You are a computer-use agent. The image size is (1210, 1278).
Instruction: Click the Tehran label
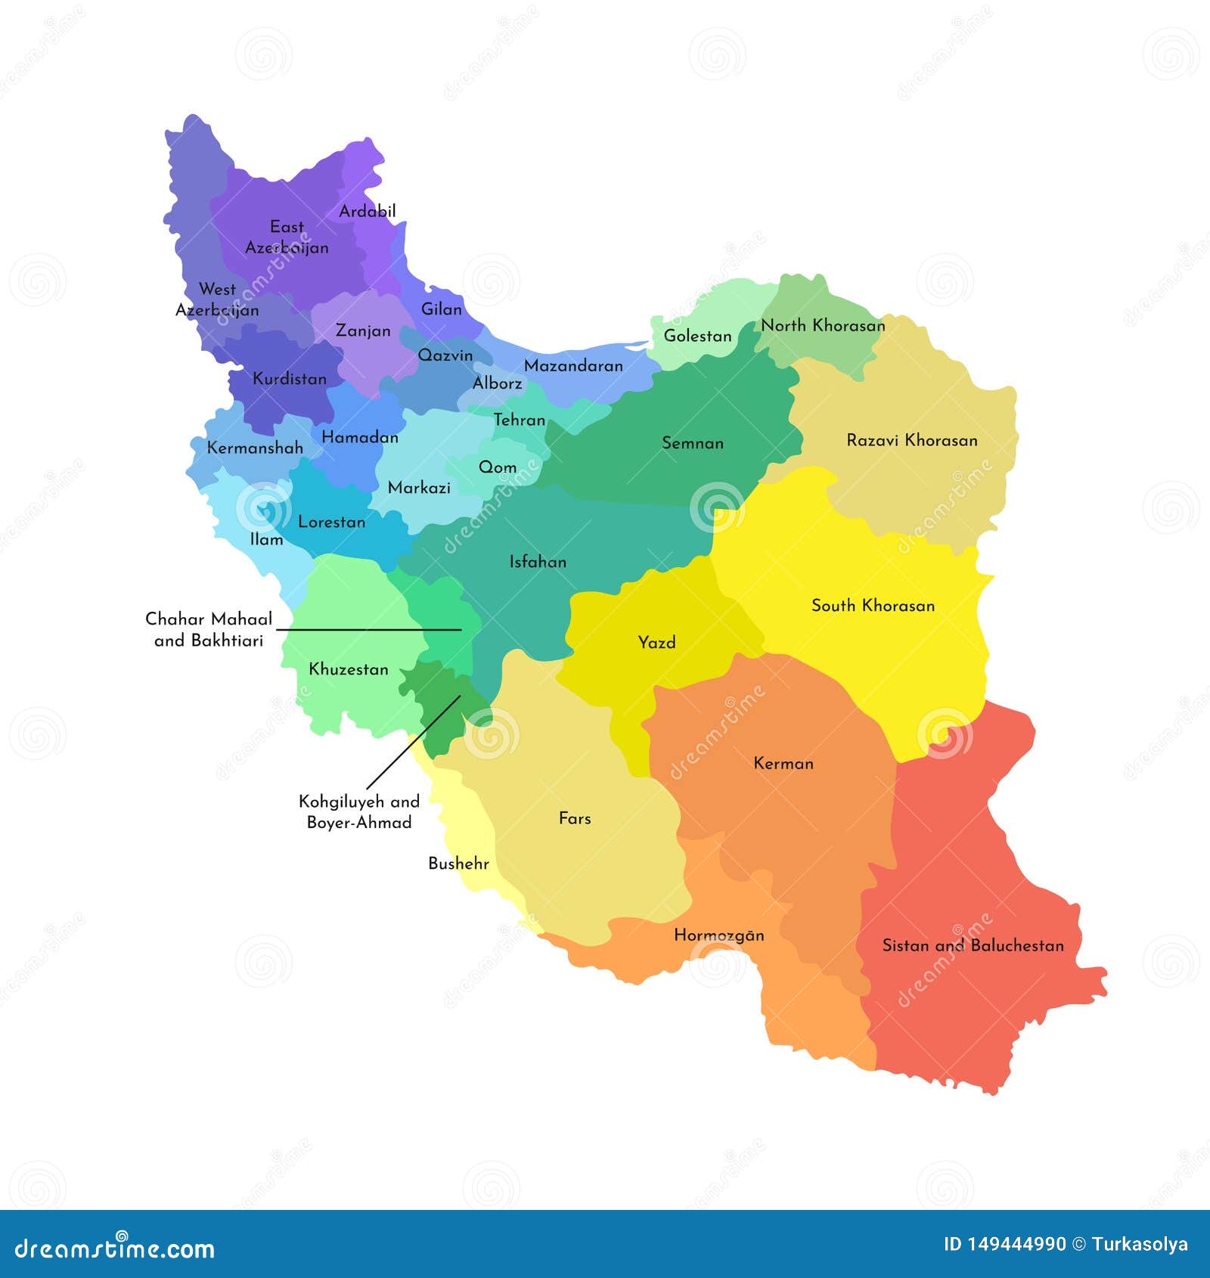pyautogui.click(x=519, y=420)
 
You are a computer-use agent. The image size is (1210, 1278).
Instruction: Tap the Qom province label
pyautogui.click(x=498, y=467)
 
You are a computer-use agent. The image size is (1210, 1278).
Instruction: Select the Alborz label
pyautogui.click(x=497, y=383)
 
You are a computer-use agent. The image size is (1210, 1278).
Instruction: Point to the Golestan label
pyautogui.click(x=697, y=336)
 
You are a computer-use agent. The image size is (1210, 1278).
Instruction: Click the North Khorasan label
pyautogui.click(x=823, y=325)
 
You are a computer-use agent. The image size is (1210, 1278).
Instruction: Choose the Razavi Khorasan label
pyautogui.click(x=911, y=440)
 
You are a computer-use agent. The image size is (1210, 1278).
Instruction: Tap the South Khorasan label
pyautogui.click(x=873, y=605)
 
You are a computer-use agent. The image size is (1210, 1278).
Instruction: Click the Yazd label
pyautogui.click(x=656, y=643)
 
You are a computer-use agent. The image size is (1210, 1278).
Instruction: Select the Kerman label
pyautogui.click(x=783, y=763)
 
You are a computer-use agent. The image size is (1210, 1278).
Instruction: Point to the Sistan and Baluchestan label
pyautogui.click(x=973, y=945)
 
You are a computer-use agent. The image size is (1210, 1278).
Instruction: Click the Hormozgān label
pyautogui.click(x=718, y=935)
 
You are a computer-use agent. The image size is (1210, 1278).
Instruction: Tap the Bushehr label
pyautogui.click(x=458, y=864)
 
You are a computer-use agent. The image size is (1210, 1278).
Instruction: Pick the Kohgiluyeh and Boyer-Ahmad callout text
pyautogui.click(x=358, y=811)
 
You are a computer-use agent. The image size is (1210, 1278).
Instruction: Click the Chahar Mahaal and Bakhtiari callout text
pyautogui.click(x=209, y=629)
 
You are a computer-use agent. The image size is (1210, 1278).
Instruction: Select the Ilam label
pyautogui.click(x=266, y=539)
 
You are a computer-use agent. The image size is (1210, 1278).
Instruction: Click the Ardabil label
pyautogui.click(x=367, y=211)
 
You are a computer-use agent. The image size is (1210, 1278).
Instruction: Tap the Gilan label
pyautogui.click(x=441, y=309)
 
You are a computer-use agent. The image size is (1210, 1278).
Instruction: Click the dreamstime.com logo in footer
pyautogui.click(x=115, y=1248)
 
